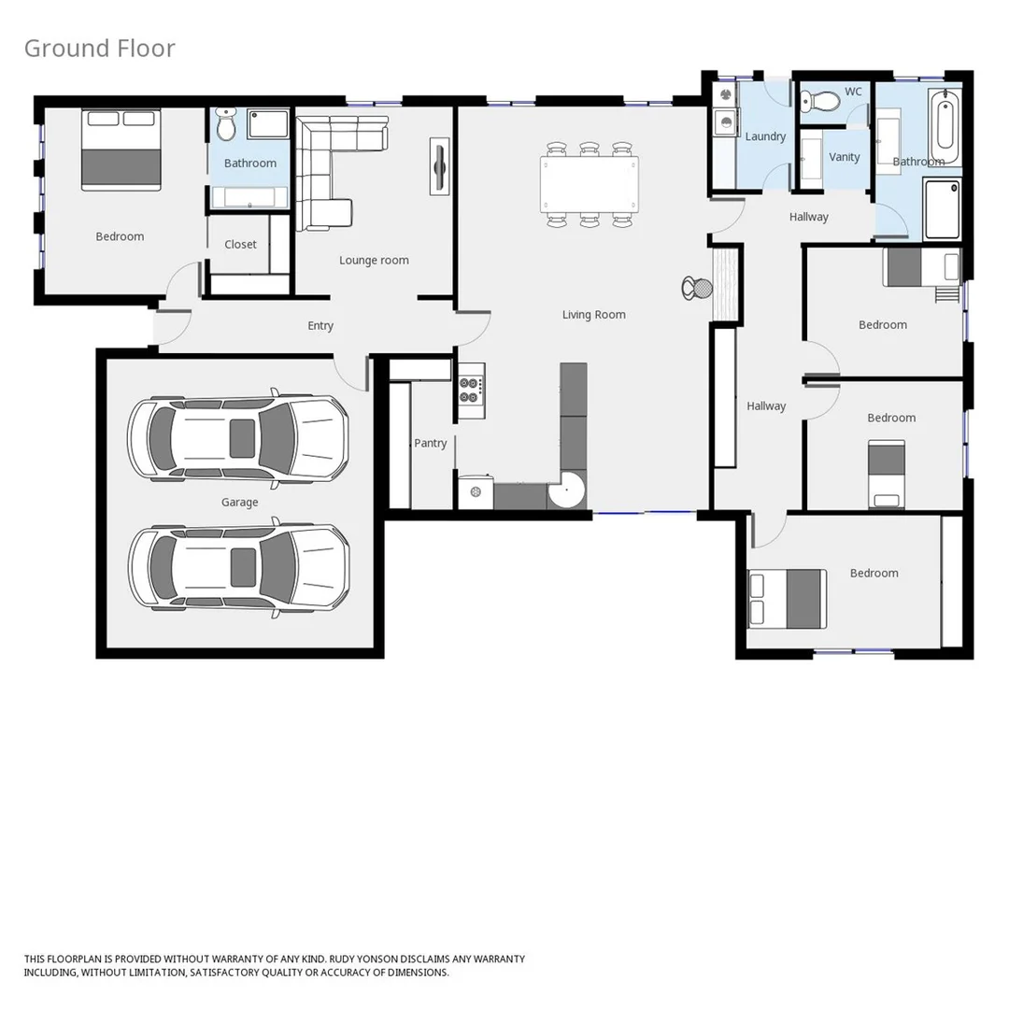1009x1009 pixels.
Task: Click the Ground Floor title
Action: tap(99, 49)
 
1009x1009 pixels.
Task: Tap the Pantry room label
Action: tap(431, 443)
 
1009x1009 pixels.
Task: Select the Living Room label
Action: tap(593, 315)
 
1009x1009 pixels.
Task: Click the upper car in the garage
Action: tap(238, 437)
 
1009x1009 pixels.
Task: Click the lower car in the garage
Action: tap(238, 567)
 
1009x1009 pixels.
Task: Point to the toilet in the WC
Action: tap(819, 100)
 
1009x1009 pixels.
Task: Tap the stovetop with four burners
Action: tap(470, 390)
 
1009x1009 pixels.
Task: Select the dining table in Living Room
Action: tap(590, 184)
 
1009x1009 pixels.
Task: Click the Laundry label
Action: tap(765, 136)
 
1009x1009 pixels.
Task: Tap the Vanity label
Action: tap(844, 157)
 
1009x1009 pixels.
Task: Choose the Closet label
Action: tap(240, 244)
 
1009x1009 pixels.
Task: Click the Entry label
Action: tap(320, 326)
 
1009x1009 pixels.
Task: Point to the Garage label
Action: tap(239, 503)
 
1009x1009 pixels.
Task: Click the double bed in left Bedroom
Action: tap(121, 149)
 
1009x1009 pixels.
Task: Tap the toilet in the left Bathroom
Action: tap(225, 124)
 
